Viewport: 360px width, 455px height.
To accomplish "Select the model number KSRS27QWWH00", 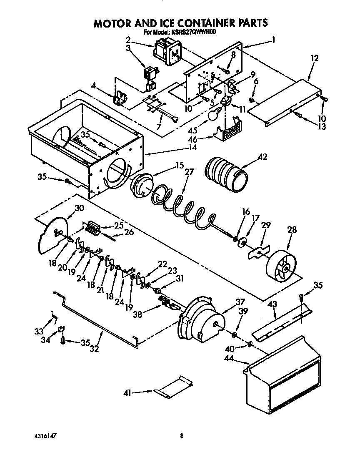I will tap(196, 32).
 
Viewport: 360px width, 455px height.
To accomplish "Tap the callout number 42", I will tap(262, 157).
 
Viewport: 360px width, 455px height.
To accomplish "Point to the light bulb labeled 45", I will tap(213, 113).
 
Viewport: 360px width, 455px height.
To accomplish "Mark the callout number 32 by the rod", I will tap(95, 348).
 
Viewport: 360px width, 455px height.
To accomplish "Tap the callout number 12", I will tap(314, 58).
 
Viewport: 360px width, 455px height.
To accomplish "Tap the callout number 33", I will tap(38, 332).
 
